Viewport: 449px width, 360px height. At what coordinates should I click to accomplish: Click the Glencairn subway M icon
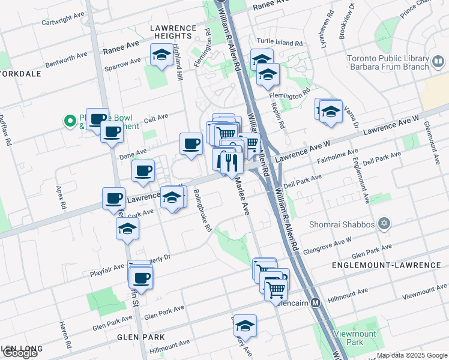(x=316, y=303)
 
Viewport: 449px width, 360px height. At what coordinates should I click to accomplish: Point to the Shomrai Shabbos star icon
(x=384, y=224)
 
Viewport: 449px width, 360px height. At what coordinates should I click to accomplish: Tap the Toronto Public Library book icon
(x=438, y=61)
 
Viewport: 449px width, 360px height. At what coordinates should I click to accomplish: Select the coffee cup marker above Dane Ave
(x=191, y=143)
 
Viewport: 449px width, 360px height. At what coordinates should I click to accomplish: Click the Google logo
(x=20, y=353)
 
